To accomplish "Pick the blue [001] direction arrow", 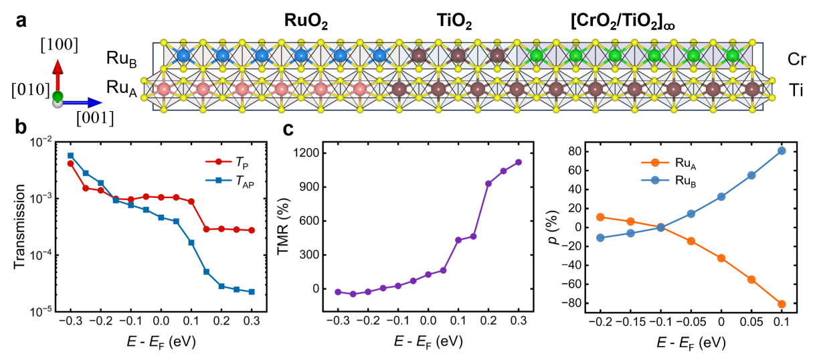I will (84, 103).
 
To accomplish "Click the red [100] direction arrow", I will (58, 76).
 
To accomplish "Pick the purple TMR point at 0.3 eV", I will (518, 162).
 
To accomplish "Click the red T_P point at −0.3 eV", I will (70, 163).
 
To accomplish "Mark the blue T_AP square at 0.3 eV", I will (252, 292).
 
